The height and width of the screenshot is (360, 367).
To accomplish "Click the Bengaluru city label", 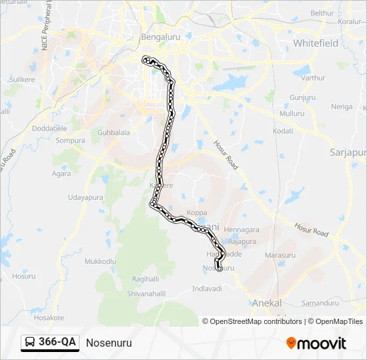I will [x=161, y=37].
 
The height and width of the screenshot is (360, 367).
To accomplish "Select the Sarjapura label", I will [x=348, y=153].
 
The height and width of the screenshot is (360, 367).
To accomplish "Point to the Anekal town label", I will [x=267, y=303].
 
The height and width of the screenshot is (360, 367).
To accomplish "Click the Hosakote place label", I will [x=49, y=318].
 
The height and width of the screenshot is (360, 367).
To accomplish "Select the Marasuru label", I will [x=280, y=255].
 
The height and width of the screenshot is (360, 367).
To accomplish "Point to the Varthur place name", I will [x=313, y=78].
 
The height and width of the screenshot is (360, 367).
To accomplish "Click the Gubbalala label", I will [x=113, y=133].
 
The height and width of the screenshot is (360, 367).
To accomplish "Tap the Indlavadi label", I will [x=207, y=289].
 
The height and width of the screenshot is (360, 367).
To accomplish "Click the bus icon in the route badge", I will [x=31, y=343].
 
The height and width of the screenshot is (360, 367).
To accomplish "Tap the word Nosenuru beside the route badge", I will [x=109, y=343].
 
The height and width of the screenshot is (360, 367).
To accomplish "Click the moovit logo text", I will [x=321, y=343].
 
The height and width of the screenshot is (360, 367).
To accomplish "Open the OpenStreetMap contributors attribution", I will [x=255, y=321].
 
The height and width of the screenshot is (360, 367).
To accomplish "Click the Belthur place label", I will [x=322, y=13].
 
